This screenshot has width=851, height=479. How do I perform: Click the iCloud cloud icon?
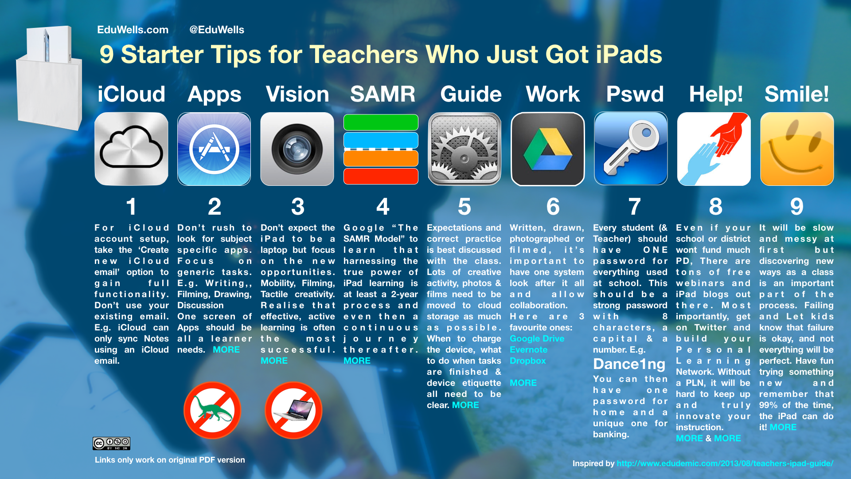pos(131,149)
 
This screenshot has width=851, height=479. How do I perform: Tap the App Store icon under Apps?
pos(214,149)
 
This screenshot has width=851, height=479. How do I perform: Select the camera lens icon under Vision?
pos(297,149)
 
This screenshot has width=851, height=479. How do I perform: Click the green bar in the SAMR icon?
pos(381,122)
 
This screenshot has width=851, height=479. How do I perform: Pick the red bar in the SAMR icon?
pos(381,176)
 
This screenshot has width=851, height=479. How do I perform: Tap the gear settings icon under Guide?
pos(464,149)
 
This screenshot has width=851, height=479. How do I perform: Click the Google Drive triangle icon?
pos(547,149)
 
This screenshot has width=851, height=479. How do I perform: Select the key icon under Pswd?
pos(631,149)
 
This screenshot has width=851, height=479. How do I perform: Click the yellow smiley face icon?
pos(797,149)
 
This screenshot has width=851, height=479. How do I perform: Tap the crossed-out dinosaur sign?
pos(212,410)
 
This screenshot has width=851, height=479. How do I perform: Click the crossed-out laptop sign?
pos(293,410)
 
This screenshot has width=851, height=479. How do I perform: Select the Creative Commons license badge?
pos(111,443)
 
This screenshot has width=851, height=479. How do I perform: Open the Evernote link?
pos(528,349)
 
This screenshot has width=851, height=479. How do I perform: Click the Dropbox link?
pos(527,361)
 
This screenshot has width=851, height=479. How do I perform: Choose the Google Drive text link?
pos(537,338)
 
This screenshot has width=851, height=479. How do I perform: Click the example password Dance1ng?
pos(629,364)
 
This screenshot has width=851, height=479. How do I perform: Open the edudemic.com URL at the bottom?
pos(725,463)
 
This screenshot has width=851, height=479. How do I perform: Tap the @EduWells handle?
pos(217,30)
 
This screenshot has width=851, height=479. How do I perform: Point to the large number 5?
pos(464,206)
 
